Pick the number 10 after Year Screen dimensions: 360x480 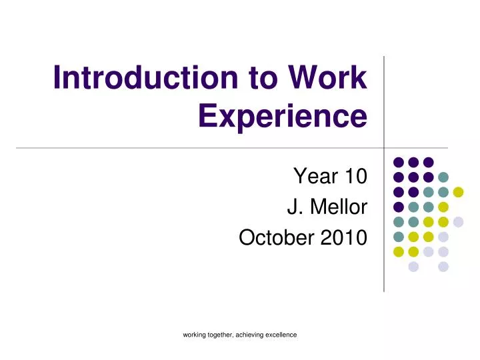click(x=355, y=177)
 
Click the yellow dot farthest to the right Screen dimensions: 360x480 click(x=458, y=192)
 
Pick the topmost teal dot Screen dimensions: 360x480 click(x=443, y=177)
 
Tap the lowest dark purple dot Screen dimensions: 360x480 click(x=399, y=207)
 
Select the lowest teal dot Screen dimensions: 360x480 click(x=399, y=237)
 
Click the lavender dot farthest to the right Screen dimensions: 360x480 click(x=458, y=222)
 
